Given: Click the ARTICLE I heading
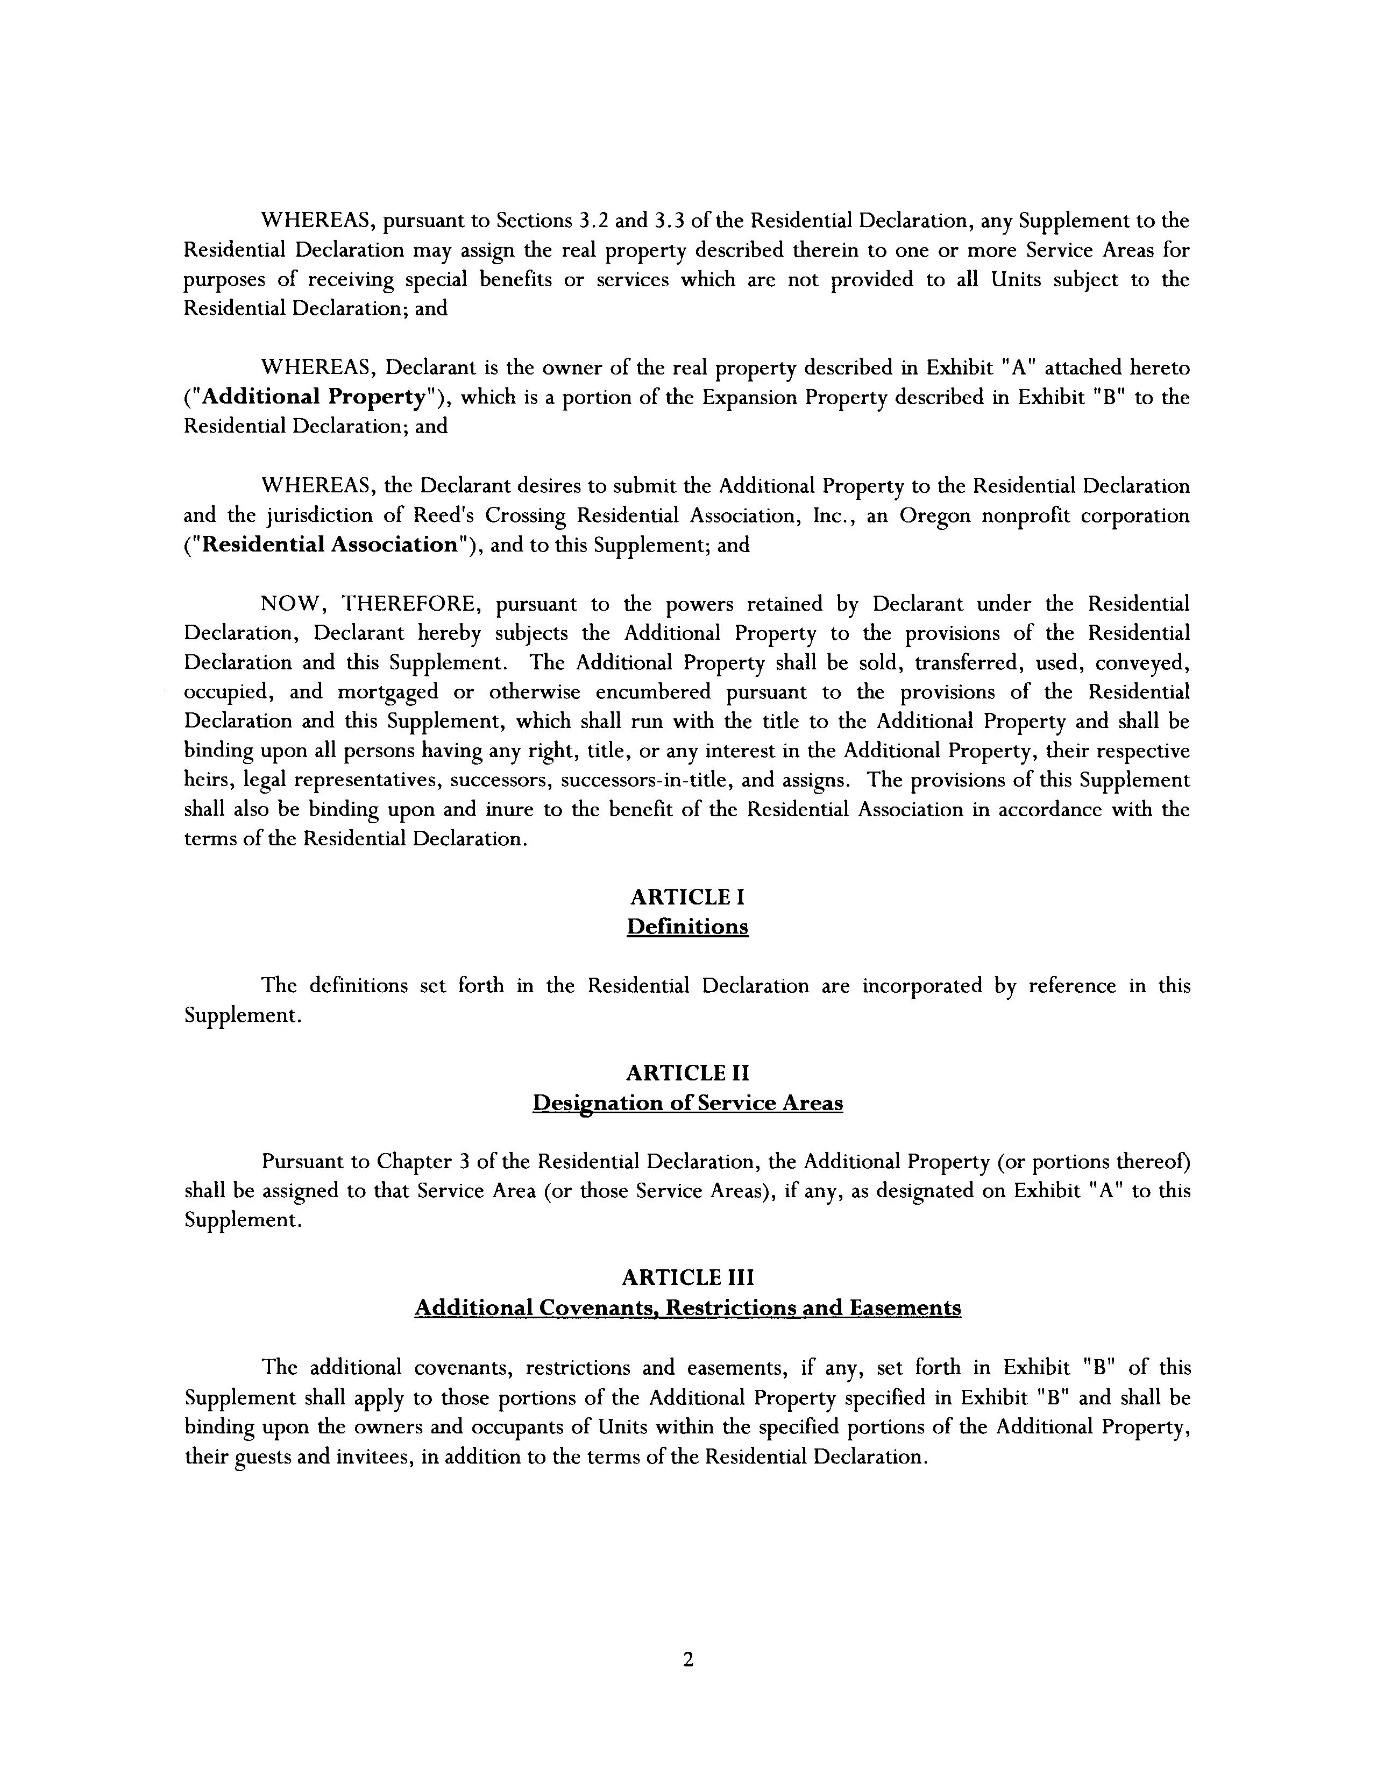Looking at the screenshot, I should click(687, 898).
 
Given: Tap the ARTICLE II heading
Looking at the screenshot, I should click(687, 1073).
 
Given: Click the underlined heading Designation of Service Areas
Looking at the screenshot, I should click(687, 1104).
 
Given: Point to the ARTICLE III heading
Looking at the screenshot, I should click(687, 1277).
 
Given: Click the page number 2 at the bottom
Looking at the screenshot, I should click(688, 1659).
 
